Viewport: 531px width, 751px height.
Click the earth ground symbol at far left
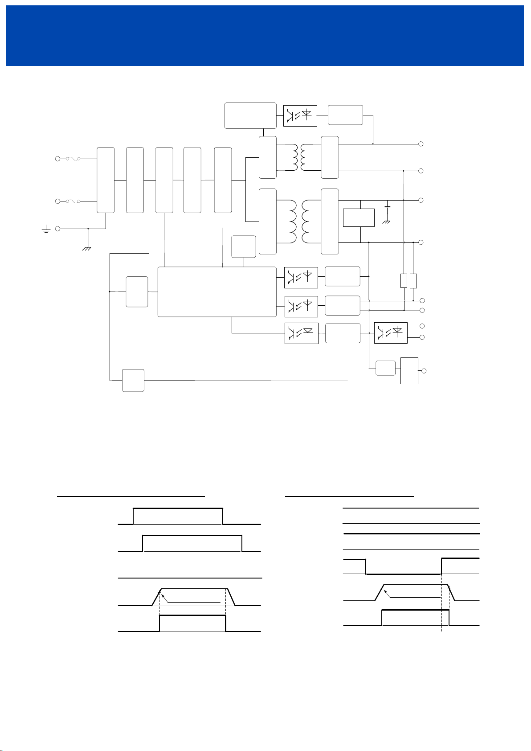45,230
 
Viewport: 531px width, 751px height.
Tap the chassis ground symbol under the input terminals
87,248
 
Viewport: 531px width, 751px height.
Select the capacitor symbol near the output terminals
387,208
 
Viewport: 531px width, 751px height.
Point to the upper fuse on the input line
72,159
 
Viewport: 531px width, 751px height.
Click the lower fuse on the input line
72,201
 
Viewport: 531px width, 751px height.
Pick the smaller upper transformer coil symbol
298,157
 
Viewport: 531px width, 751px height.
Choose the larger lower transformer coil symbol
298,221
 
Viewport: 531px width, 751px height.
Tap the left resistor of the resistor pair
404,281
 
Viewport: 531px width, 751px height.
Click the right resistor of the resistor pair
413,281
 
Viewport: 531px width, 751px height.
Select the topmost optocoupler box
300,115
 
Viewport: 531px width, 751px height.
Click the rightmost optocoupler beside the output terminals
391,332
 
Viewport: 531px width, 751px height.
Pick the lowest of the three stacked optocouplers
301,333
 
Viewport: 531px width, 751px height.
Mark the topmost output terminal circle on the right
421,144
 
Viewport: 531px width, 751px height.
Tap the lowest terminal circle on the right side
424,371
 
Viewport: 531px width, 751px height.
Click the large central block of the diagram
217,292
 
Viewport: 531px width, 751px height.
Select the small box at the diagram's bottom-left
133,380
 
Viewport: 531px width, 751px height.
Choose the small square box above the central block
244,246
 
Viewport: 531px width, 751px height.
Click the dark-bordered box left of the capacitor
359,217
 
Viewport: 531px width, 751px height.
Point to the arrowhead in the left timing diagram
162,593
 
